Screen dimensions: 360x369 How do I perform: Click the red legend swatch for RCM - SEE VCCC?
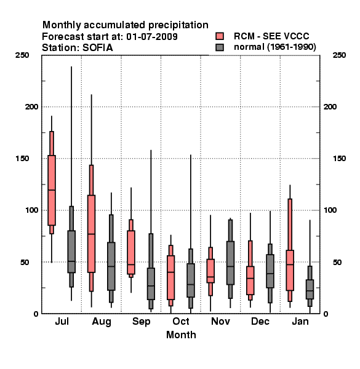coord(220,36)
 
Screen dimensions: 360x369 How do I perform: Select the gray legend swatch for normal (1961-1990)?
coord(220,47)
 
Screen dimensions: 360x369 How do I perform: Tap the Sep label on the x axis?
coord(141,322)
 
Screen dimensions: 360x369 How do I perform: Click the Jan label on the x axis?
coord(300,321)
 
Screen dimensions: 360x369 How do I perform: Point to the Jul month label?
coord(62,321)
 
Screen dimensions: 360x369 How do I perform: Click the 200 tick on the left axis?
coord(31,106)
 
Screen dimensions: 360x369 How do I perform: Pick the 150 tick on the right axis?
coord(339,159)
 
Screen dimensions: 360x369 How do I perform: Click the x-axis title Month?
coord(181,335)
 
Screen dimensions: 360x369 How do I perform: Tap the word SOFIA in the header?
coord(97,48)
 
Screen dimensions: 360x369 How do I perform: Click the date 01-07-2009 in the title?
coord(152,36)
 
